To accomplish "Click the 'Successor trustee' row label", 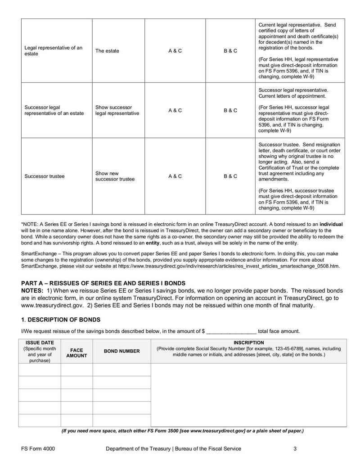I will [44, 176].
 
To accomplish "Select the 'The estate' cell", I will [107, 51].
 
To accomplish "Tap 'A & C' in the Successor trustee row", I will [175, 176].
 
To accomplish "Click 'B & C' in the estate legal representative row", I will [230, 51].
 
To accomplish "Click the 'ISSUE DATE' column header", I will [39, 343].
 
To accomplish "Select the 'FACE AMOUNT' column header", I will [76, 352].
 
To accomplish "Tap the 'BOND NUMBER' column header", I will [121, 351].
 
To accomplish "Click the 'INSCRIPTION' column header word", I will [248, 343].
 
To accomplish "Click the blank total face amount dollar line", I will [231, 331].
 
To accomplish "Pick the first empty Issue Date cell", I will [39, 370].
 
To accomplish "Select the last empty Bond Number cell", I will [121, 420].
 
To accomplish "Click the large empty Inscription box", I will [248, 394].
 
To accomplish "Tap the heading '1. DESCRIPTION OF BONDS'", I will [61, 320].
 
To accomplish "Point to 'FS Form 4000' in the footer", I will [38, 448].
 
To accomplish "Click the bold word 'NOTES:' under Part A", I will [32, 290].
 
